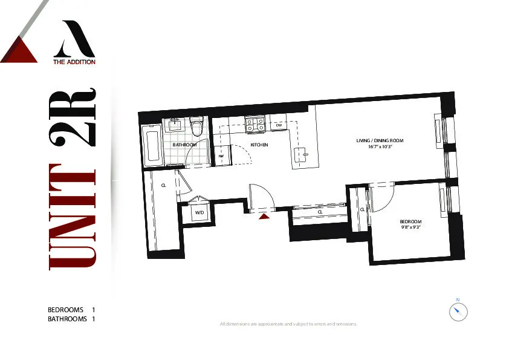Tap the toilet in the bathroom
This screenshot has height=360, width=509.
pos(196,128)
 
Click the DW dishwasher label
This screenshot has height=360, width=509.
pos(279,125)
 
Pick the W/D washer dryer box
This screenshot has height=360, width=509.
pos(199,212)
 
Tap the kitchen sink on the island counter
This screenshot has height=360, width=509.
pos(302,154)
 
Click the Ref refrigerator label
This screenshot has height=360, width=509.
pos(221,156)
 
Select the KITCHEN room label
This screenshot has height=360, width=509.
pos(259,145)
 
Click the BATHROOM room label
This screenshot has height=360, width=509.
pos(184,145)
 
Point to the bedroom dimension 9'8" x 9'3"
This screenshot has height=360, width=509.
pos(410,227)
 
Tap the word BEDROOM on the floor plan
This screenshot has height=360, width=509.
pos(410,221)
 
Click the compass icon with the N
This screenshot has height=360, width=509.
pos(458,312)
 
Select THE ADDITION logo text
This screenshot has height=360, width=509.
pos(74,61)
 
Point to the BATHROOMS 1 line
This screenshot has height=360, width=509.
pos(72,319)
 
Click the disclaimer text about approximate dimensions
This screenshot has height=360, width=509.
pos(288,324)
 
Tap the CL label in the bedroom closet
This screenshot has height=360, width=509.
pos(362,209)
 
